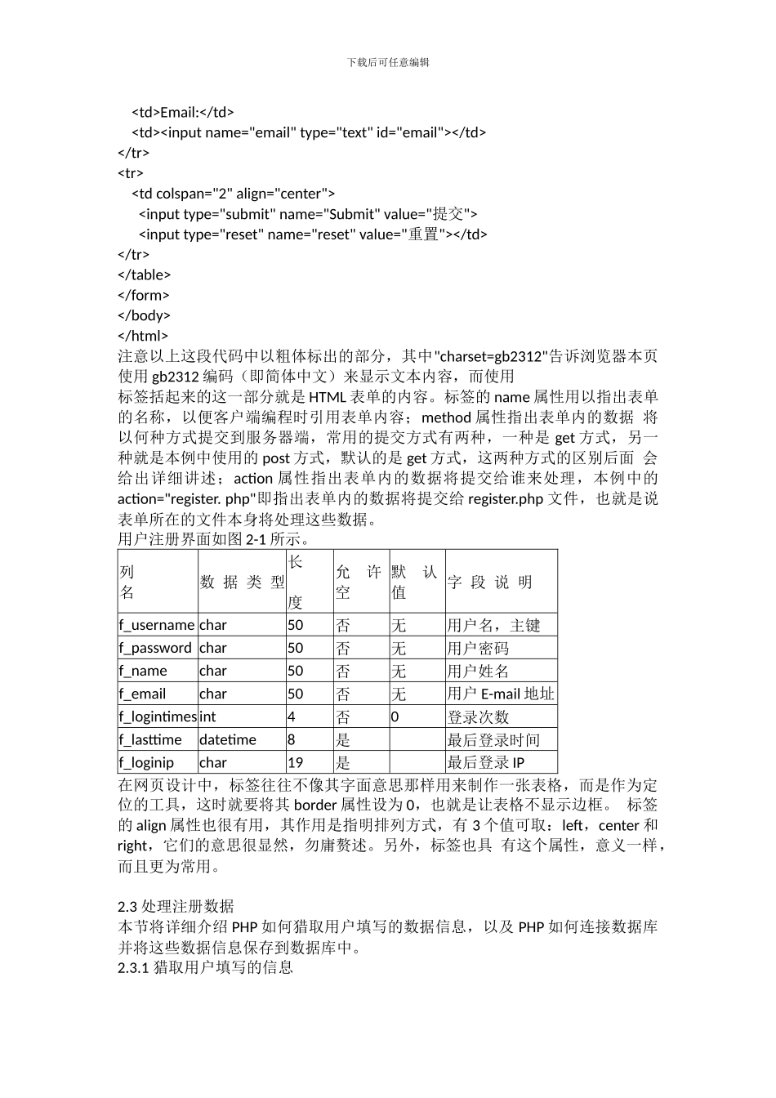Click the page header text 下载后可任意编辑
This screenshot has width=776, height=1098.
coord(388,62)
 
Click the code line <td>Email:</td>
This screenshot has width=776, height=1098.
coord(183,112)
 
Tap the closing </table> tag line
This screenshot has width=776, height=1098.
coord(145,274)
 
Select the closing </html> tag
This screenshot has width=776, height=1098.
coord(143,335)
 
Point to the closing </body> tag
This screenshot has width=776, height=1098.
coord(145,315)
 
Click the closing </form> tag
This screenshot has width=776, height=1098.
coord(144,295)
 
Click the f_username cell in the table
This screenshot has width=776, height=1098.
coord(157,625)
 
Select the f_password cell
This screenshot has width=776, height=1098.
coord(155,648)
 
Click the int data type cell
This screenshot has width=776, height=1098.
coord(208,716)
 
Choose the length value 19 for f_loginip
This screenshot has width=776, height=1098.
coord(296,762)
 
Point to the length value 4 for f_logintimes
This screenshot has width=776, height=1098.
coord(292,716)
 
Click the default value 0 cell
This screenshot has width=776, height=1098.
coord(395,716)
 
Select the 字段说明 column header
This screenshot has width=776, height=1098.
coord(490,582)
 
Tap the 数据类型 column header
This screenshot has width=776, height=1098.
coord(242,582)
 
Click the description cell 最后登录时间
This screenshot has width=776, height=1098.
coord(493,739)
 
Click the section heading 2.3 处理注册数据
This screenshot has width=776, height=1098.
coord(176,906)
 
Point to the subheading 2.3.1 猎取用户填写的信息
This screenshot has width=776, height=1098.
coord(205,967)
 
